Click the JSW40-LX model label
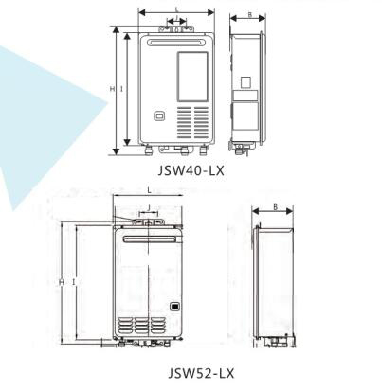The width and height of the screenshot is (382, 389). coord(191,170)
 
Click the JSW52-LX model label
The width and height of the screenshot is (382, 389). coord(201,373)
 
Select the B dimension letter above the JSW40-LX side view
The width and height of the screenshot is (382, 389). coord(249,14)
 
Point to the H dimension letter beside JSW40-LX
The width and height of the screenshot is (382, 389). coord(112,89)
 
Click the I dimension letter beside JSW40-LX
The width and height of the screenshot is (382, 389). coord(121,89)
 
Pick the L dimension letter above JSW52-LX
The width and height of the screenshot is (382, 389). coord(149,190)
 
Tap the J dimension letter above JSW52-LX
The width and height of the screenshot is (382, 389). coord(149,208)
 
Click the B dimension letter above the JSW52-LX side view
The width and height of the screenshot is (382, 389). coord(275,207)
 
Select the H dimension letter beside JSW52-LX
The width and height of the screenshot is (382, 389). coord(62,281)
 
